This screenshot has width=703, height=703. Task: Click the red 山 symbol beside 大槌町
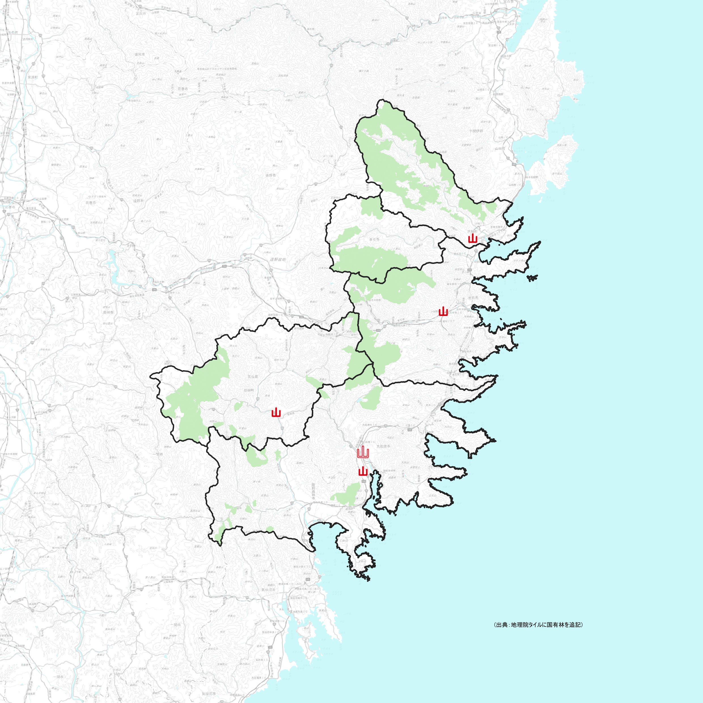click(x=473, y=238)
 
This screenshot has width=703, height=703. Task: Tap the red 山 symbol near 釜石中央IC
click(x=443, y=312)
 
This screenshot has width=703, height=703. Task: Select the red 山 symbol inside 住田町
click(x=276, y=413)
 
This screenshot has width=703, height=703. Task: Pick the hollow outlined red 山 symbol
click(x=363, y=453)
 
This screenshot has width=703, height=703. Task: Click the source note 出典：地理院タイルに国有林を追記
click(x=539, y=624)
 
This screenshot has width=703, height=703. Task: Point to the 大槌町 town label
click(x=472, y=231)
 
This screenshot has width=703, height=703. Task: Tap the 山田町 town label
click(x=499, y=149)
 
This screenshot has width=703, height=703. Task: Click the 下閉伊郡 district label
click(x=476, y=131)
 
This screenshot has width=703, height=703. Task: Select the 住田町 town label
click(x=249, y=390)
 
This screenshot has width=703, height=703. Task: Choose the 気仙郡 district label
click(x=253, y=377)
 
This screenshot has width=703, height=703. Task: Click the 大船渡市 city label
click(x=383, y=446)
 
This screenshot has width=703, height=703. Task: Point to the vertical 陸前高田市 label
click(x=313, y=491)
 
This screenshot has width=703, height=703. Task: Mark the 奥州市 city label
click(x=108, y=312)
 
